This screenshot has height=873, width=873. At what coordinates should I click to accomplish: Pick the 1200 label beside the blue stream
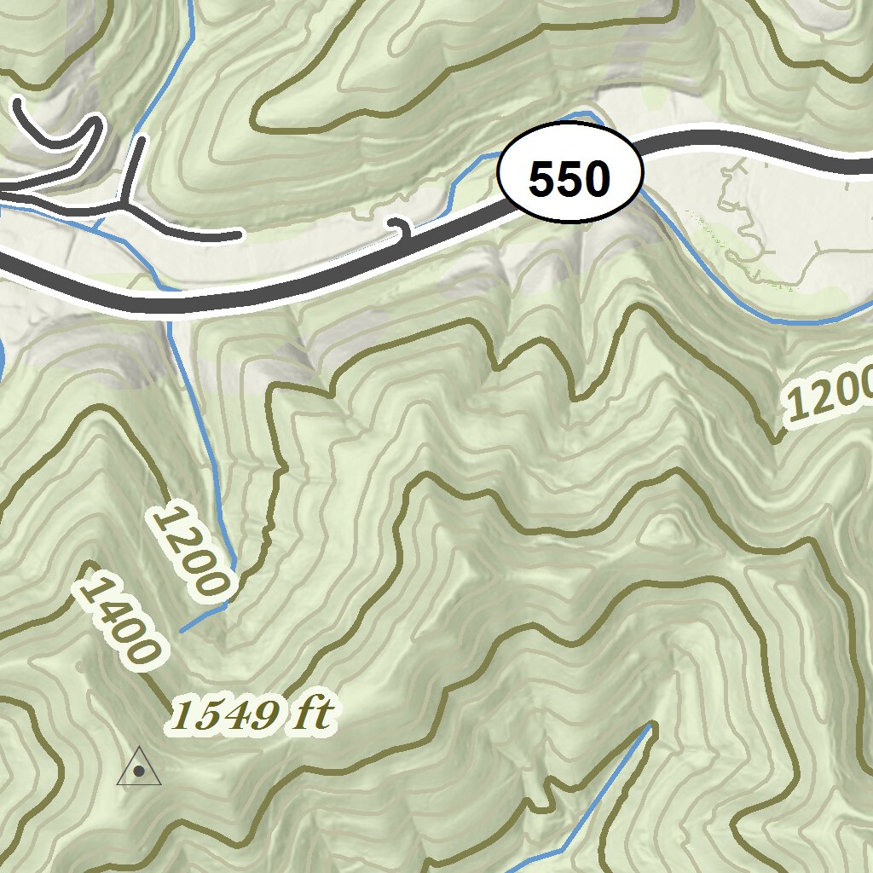pos(192,550)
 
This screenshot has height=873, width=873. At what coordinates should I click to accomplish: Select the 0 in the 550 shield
pos(597,179)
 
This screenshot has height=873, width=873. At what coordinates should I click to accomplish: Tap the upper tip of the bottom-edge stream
pos(652,726)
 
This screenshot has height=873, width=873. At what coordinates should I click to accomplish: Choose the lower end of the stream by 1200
pos(182,631)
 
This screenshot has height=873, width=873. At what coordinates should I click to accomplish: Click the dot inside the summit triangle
pos(139,772)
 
